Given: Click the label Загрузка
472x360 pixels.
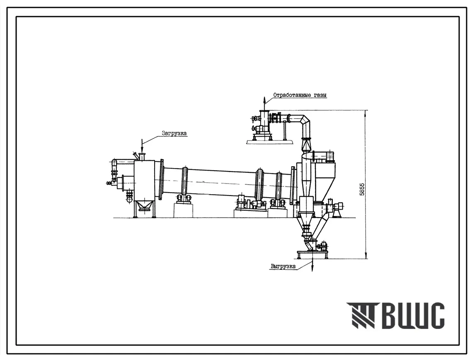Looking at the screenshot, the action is (x=174, y=133).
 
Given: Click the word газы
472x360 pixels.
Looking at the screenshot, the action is (x=320, y=95).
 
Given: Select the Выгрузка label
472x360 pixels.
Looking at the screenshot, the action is (x=283, y=266).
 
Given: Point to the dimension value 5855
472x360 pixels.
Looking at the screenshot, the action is (x=362, y=189).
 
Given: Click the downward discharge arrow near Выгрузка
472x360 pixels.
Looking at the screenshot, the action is (x=312, y=263).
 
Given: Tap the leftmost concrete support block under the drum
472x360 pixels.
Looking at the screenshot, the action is (x=183, y=210).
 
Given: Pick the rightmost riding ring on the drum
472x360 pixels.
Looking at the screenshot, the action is (x=279, y=188).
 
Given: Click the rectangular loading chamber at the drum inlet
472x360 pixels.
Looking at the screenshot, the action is (x=144, y=180).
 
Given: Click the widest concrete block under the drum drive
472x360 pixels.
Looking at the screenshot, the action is (x=250, y=214).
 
